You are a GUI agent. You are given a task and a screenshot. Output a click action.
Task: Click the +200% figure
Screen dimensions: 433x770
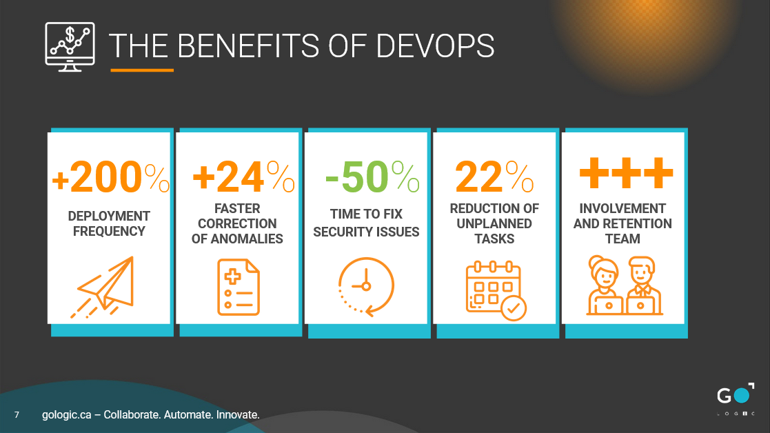(110, 177)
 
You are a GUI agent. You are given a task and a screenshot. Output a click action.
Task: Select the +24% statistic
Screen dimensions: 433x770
(243, 177)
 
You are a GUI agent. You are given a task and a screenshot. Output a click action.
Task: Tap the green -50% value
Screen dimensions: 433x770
(372, 177)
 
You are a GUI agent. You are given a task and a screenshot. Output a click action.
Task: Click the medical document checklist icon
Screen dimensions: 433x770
(239, 287)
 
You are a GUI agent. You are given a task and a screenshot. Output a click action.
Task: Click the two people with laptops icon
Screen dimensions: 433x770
(624, 285)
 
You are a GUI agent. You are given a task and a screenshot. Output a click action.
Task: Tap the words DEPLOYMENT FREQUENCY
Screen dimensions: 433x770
(109, 223)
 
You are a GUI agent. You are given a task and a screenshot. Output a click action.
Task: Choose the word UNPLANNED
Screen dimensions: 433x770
(494, 223)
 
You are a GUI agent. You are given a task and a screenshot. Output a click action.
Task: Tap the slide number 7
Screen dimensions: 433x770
(17, 415)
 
